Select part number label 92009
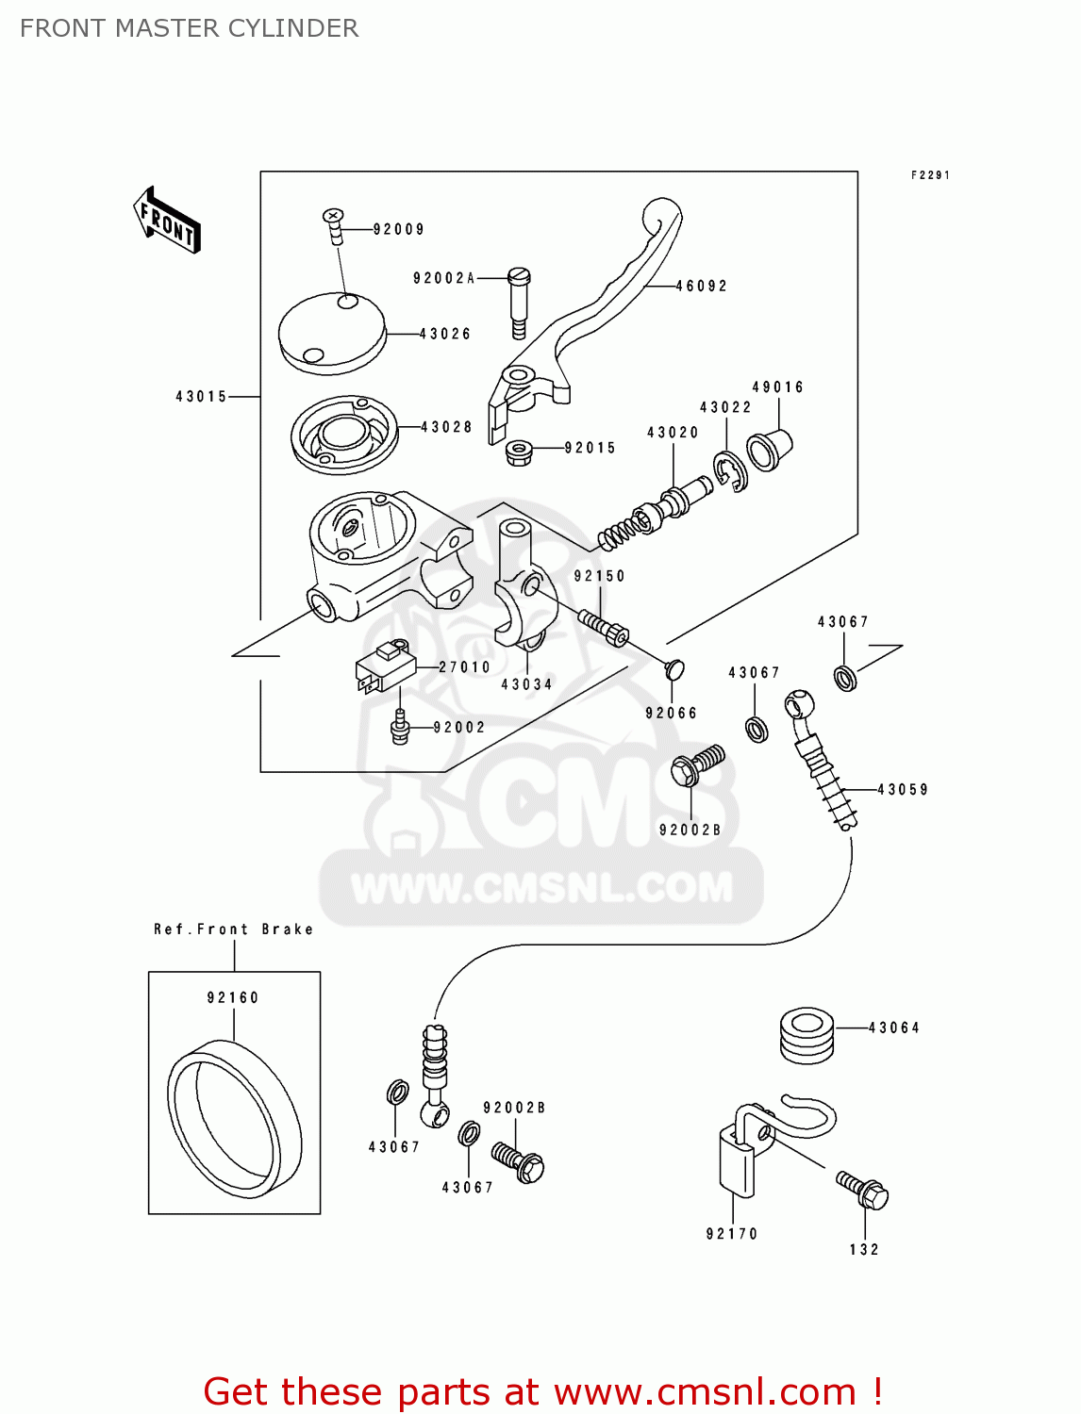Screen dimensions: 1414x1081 pyautogui.click(x=398, y=229)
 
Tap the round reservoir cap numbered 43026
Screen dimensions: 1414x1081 pyautogui.click(x=332, y=333)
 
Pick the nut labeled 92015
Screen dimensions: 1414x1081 pyautogui.click(x=518, y=452)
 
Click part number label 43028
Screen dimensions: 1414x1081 pyautogui.click(x=446, y=427)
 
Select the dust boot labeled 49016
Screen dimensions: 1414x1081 pyautogui.click(x=769, y=450)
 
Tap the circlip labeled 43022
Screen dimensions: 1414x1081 pyautogui.click(x=730, y=471)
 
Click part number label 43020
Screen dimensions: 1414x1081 pyautogui.click(x=673, y=433)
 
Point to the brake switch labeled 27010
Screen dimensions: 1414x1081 pyautogui.click(x=385, y=666)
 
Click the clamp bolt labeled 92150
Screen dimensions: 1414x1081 pyautogui.click(x=604, y=626)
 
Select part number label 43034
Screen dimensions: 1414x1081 pyautogui.click(x=526, y=684)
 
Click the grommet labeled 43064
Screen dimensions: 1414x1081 pyautogui.click(x=807, y=1035)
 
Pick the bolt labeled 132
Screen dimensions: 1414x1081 pyautogui.click(x=863, y=1190)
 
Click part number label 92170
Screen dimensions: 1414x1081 pyautogui.click(x=731, y=1233)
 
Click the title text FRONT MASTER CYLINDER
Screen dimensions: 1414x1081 pyautogui.click(x=189, y=28)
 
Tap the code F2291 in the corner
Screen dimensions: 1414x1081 pyautogui.click(x=929, y=175)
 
